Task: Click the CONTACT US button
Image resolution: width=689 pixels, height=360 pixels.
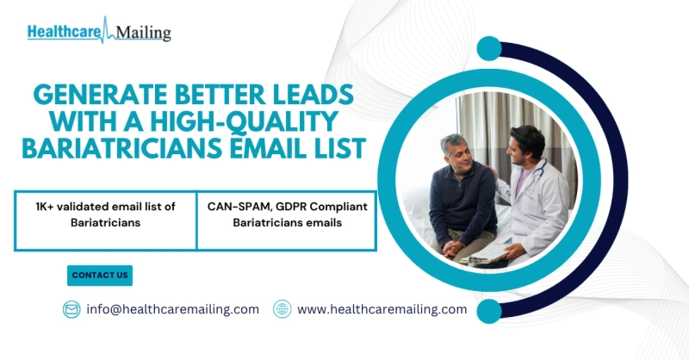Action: (100, 276)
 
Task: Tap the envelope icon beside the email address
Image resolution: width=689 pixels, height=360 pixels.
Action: (71, 309)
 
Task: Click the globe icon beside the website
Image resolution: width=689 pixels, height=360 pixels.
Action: (282, 309)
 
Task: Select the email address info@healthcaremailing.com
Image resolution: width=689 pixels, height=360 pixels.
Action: (172, 309)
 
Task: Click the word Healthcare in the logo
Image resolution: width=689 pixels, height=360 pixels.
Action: (62, 32)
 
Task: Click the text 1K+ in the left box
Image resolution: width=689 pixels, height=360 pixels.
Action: (47, 207)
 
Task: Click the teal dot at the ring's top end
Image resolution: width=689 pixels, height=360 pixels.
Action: (489, 48)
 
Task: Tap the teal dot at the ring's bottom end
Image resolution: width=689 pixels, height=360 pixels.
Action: (489, 311)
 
